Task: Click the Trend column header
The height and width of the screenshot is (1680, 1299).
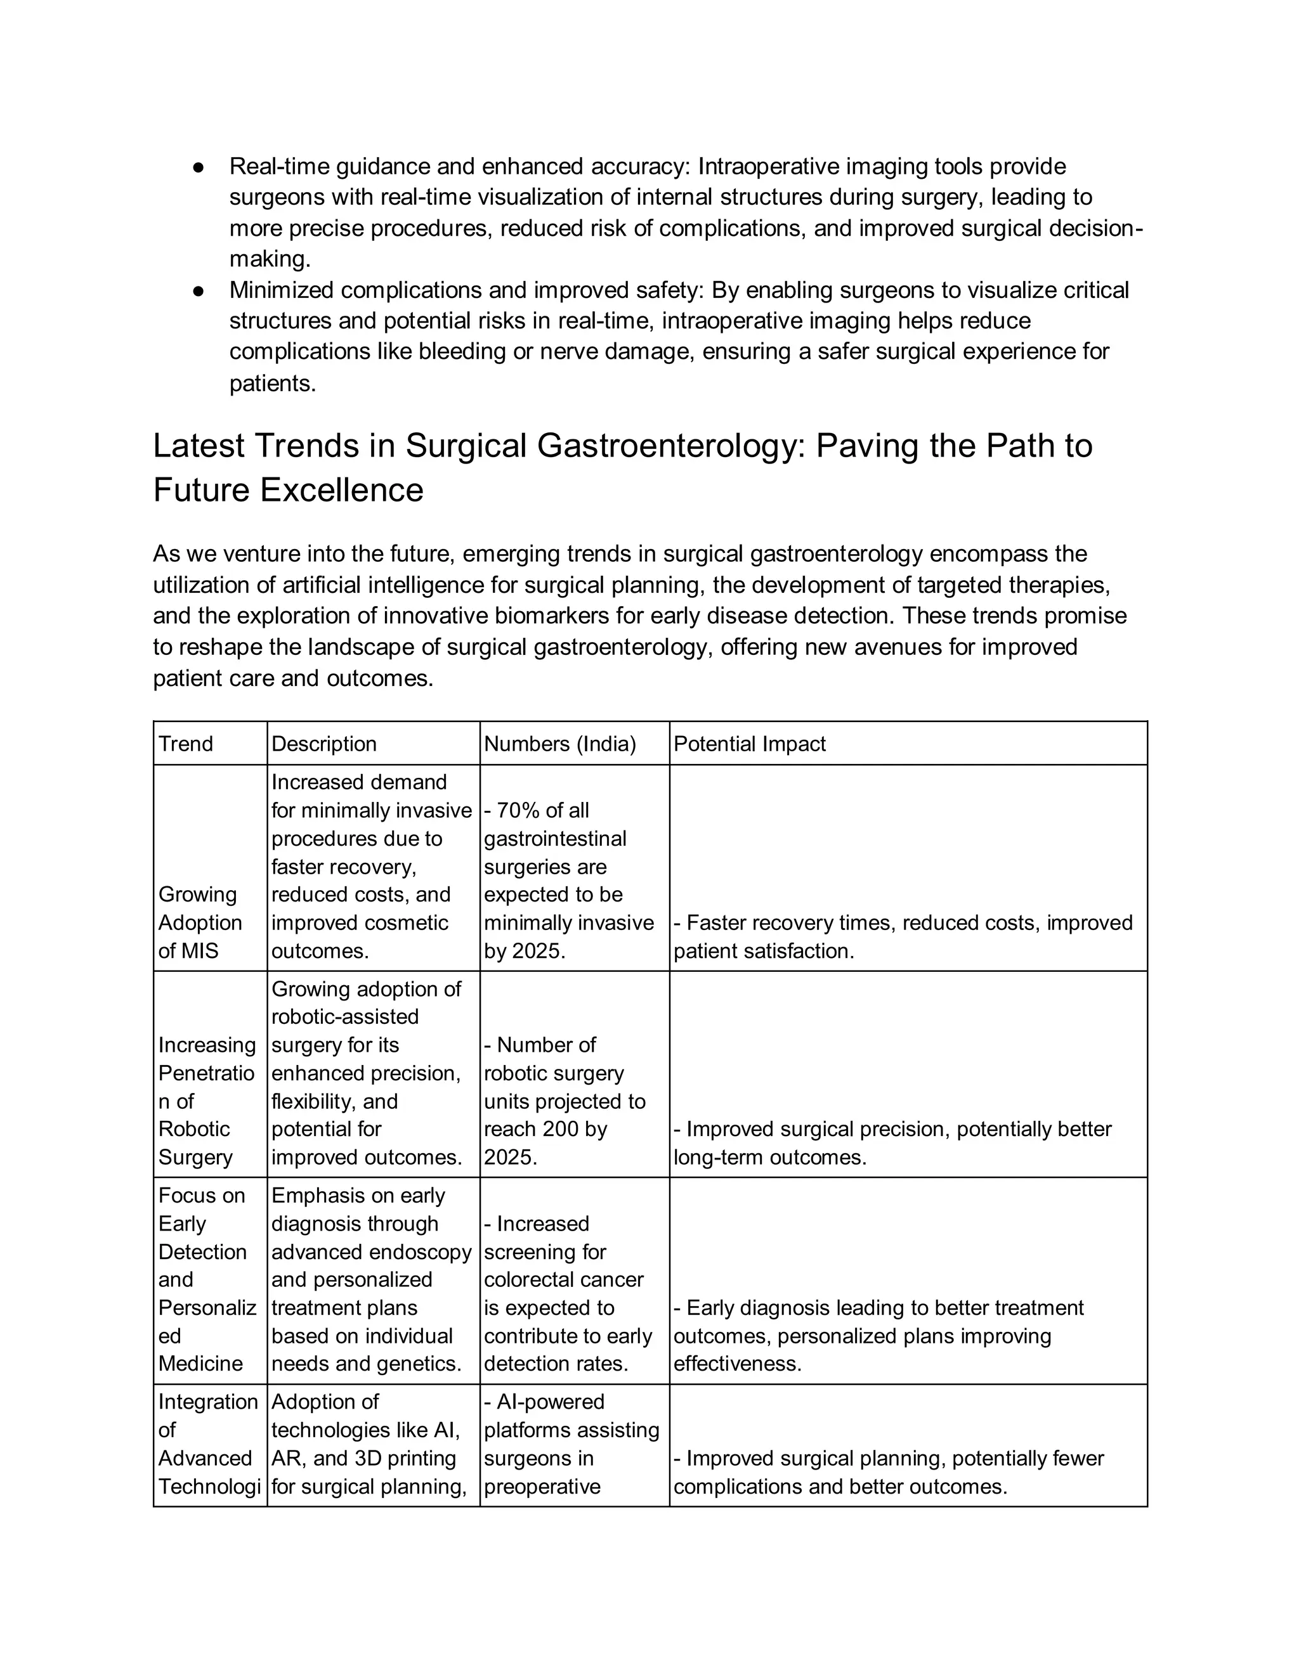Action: click(x=185, y=744)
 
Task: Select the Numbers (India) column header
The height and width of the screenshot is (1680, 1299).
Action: click(x=559, y=744)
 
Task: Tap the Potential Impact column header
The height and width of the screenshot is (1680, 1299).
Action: click(x=749, y=744)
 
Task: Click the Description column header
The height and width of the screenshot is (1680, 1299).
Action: click(x=324, y=744)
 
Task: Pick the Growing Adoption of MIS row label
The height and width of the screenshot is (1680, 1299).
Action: click(x=199, y=922)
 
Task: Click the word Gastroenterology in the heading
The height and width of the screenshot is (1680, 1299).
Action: click(x=670, y=446)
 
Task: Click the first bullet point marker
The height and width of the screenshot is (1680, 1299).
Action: click(x=198, y=167)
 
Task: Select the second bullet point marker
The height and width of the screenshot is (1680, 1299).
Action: click(x=198, y=291)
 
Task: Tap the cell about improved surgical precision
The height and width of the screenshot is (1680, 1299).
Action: click(x=892, y=1142)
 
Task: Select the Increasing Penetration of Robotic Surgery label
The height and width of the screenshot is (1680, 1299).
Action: click(x=206, y=1101)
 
